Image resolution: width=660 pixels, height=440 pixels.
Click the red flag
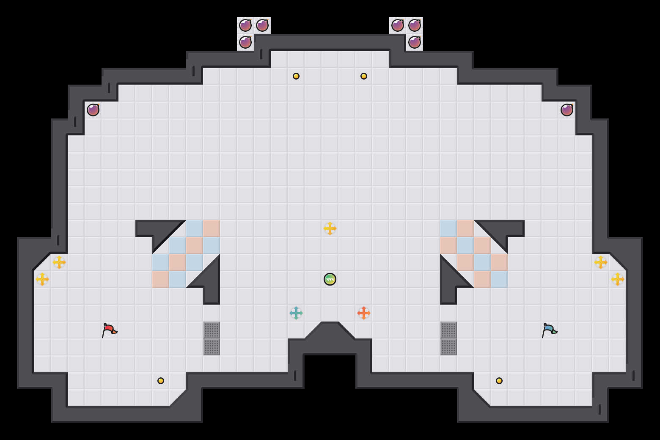pos(109,330)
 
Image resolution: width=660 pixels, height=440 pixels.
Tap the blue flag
pos(549,330)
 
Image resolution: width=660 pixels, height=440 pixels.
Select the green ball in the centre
pos(330,279)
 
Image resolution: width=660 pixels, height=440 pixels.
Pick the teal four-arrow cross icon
pos(296,313)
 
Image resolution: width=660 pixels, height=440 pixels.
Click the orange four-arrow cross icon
pos(364,313)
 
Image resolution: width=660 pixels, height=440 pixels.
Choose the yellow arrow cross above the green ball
pos(330,228)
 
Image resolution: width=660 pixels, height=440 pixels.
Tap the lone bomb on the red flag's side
pos(93,110)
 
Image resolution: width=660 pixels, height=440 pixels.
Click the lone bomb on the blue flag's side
pos(567,110)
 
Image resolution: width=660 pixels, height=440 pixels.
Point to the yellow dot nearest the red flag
pos(161,381)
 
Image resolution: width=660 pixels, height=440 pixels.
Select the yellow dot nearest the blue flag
pos(499,381)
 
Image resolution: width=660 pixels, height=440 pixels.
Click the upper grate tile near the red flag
pos(212,330)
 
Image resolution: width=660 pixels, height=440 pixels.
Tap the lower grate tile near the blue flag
pos(448,347)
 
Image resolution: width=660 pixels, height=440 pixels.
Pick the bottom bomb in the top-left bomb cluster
pos(245,42)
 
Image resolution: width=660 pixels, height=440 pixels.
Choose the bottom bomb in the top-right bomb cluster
pos(415,42)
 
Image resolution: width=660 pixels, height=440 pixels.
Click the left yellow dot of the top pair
pos(296,76)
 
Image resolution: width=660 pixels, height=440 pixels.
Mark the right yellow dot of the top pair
pos(364,76)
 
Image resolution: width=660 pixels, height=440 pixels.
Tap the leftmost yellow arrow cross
pos(42,279)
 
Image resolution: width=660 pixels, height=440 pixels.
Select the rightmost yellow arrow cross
pos(618,279)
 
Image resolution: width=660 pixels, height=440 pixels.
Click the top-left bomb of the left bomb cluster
pos(245,25)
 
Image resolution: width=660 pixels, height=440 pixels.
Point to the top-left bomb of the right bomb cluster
pos(398,25)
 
